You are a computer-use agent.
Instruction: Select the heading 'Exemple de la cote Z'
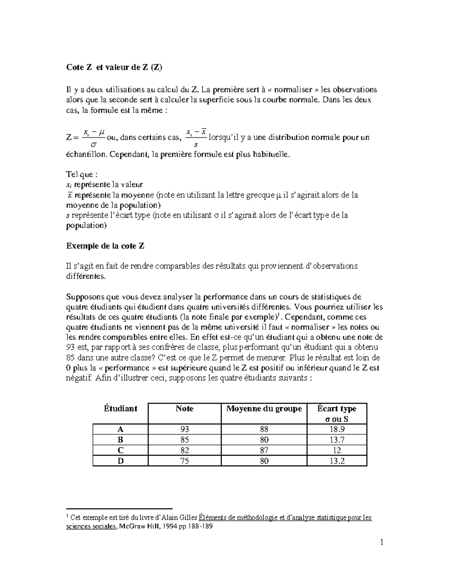[105, 246]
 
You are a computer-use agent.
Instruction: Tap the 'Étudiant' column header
[120, 408]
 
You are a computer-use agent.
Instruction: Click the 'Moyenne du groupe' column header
[264, 408]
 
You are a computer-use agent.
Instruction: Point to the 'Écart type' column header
[336, 408]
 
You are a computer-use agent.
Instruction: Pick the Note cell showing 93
[184, 429]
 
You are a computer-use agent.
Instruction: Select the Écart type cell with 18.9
[337, 429]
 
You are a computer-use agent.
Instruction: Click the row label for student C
[120, 450]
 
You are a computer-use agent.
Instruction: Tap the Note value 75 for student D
[184, 461]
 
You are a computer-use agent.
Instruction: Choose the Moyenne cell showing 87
[264, 450]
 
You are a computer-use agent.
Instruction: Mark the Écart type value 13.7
[337, 440]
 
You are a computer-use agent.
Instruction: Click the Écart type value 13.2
[337, 461]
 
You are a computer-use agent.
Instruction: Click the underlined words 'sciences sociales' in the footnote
[91, 526]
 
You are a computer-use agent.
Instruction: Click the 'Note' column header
[184, 408]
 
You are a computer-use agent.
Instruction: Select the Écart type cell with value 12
[337, 450]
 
